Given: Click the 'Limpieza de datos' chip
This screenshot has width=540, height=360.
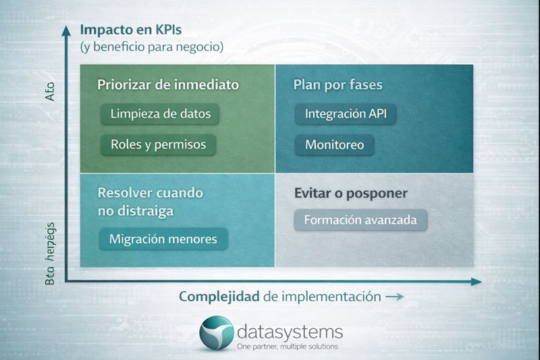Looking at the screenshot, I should pyautogui.click(x=161, y=114).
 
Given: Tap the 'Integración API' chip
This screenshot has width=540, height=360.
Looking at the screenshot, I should pyautogui.click(x=345, y=114).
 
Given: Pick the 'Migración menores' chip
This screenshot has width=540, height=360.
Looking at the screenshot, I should pyautogui.click(x=163, y=239).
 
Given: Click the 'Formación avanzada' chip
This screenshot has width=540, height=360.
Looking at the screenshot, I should pyautogui.click(x=361, y=220).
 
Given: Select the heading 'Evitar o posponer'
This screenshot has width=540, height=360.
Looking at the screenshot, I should pyautogui.click(x=349, y=193).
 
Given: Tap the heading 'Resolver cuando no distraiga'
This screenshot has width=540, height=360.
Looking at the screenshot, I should pyautogui.click(x=150, y=201).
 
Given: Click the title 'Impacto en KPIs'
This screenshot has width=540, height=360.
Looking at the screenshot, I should pyautogui.click(x=130, y=30).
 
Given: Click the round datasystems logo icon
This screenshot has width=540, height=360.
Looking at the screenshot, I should pyautogui.click(x=217, y=334).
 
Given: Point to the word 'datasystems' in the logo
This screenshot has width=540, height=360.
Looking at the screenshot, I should pyautogui.click(x=290, y=332).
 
